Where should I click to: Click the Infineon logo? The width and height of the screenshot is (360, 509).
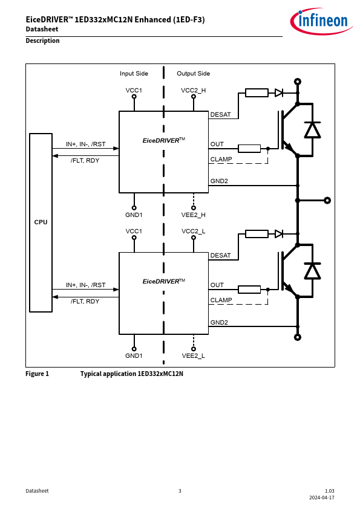(321, 21)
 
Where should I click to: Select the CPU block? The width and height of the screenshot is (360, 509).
(41, 222)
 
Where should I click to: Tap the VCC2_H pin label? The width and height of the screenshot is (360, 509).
(194, 90)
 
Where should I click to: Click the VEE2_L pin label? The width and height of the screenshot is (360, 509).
(194, 356)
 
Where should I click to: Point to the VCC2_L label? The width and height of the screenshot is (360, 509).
(194, 231)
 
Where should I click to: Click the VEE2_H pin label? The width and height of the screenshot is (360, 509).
(194, 215)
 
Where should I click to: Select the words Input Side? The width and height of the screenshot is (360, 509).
(134, 74)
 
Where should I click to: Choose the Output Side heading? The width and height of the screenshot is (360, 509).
(194, 74)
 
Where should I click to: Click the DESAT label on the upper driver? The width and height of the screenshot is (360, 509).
(220, 115)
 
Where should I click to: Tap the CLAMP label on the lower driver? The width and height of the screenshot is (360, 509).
(221, 300)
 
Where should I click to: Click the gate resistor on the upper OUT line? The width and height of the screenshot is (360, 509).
(249, 149)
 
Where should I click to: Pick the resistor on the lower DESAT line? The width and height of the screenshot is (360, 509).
(257, 234)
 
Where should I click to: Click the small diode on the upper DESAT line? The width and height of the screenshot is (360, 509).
(279, 93)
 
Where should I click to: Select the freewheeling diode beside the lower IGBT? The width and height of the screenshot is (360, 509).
(312, 271)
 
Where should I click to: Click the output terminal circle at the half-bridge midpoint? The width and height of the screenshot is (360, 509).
(327, 201)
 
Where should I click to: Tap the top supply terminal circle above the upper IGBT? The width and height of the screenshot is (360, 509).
(297, 82)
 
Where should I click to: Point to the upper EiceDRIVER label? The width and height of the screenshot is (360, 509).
(164, 140)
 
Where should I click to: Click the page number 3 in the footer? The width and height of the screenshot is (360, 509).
(180, 491)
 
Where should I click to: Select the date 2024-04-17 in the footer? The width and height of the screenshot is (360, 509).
(322, 498)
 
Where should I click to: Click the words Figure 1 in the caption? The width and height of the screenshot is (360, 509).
(37, 374)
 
